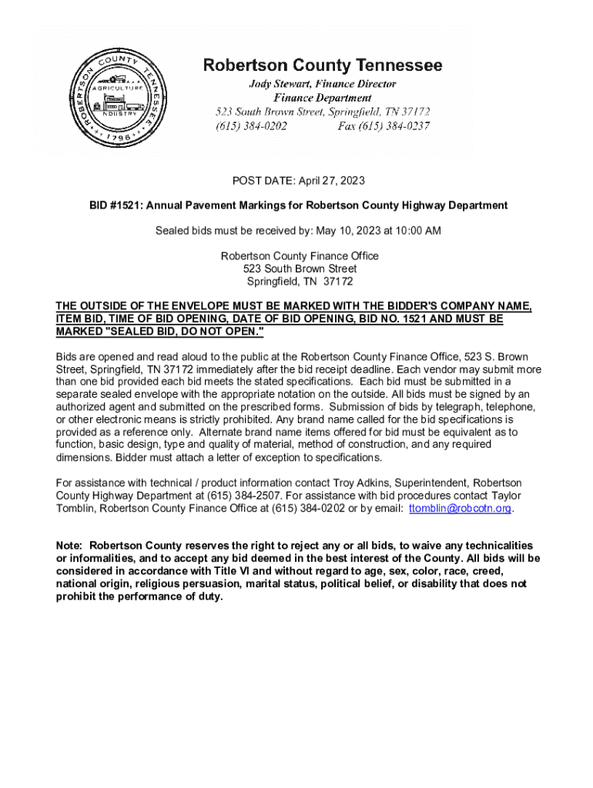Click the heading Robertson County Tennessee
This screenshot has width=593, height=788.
pos(323,65)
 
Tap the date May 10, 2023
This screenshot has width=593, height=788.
pos(346,230)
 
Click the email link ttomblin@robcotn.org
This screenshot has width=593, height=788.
pos(461,509)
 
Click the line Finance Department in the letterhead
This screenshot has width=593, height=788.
pos(323,98)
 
